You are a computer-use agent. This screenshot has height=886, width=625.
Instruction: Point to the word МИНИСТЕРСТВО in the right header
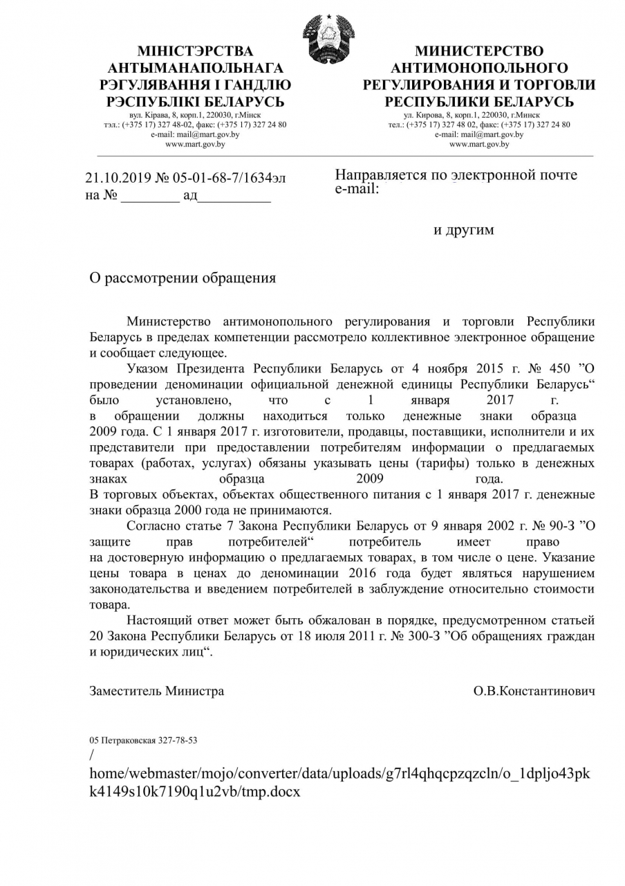pos(479,51)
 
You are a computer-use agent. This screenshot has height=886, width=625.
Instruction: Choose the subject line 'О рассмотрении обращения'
pos(183,278)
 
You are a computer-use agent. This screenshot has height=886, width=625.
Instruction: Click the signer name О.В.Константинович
pos(534,691)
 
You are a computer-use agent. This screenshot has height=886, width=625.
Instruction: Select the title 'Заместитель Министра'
pos(157,691)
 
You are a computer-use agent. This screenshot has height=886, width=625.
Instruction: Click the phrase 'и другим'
pos(464,230)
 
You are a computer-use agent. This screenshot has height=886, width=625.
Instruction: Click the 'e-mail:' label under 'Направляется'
pos(357,188)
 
